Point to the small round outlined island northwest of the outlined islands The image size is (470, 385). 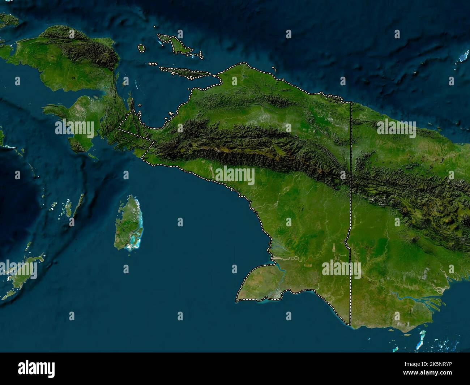pyautogui.click(x=141, y=48)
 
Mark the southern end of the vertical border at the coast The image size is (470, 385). pyautogui.click(x=350, y=324)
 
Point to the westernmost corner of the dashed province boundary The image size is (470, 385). pyautogui.click(x=120, y=128)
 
